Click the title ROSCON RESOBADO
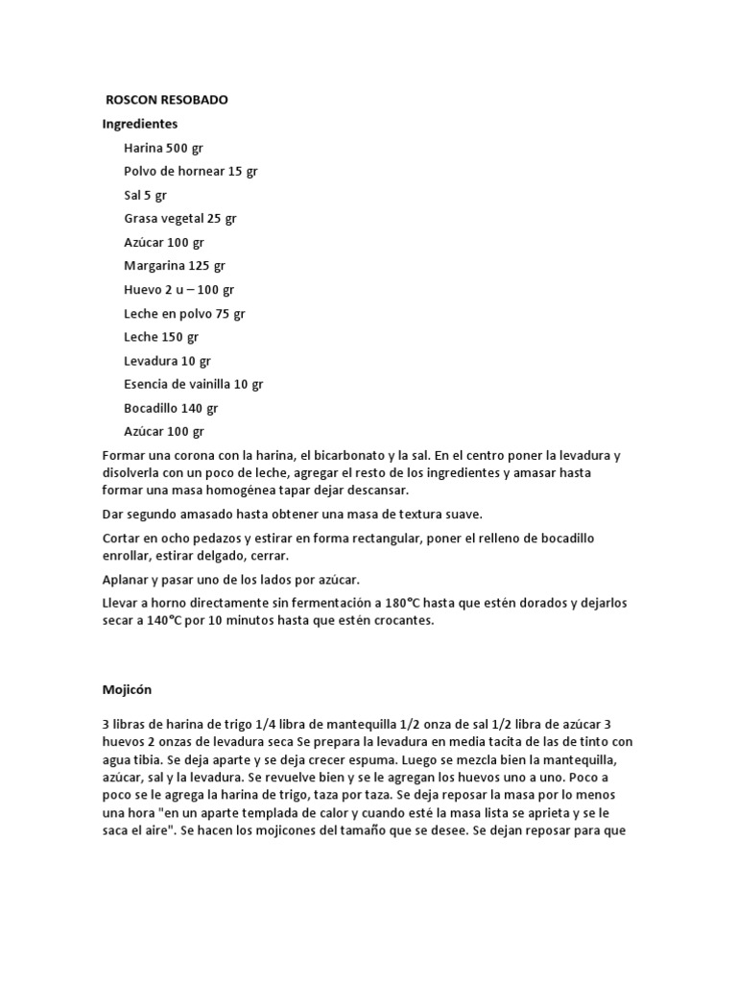167,100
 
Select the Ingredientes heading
140,124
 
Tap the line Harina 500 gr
163,148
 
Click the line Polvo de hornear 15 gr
191,171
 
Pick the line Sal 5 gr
145,195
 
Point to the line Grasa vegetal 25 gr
180,218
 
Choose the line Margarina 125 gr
175,265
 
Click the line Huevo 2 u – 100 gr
179,289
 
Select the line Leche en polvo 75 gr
184,313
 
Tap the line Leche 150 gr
161,337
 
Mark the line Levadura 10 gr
167,361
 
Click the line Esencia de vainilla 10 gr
194,384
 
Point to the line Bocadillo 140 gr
171,408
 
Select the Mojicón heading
128,689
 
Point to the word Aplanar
127,580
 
